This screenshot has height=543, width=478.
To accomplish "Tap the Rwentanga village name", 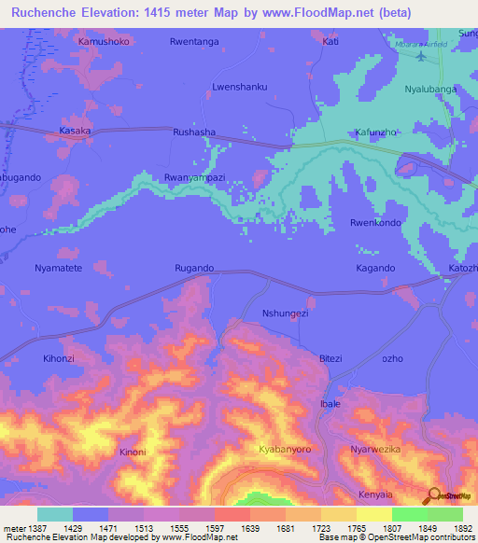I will click(193, 42).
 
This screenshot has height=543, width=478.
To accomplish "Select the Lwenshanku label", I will click(240, 87).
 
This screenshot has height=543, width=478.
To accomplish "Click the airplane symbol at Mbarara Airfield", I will click(421, 56).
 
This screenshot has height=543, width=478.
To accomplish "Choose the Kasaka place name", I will click(75, 132).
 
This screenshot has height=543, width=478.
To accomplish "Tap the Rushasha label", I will click(194, 132).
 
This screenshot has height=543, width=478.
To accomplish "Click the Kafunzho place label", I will click(377, 132).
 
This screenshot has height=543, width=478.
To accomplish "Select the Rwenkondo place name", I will click(375, 223).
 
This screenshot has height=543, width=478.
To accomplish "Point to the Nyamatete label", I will click(59, 268).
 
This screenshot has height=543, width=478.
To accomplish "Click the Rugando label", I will click(195, 268).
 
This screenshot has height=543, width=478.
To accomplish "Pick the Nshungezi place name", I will click(285, 313).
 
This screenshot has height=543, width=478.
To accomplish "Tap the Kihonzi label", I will click(60, 358).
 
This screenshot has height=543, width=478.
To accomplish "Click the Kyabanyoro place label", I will click(286, 449).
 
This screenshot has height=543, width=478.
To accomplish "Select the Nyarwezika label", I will click(375, 449).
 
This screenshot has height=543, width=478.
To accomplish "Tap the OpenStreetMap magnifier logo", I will click(432, 495).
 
